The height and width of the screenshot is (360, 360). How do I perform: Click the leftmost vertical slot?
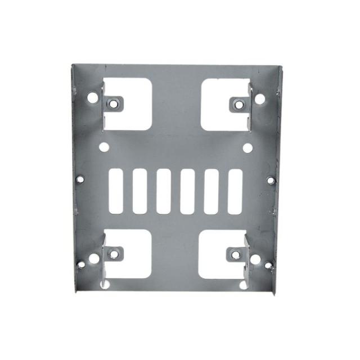point(116,191)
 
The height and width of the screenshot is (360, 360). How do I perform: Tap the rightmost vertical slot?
point(235,191)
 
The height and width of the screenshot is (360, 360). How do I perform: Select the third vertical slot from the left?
point(164,191)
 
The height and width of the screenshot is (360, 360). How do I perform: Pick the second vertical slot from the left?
point(139,191)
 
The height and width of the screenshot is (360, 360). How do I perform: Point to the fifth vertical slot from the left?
point(211,191)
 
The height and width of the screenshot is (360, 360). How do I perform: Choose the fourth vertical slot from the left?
point(187,191)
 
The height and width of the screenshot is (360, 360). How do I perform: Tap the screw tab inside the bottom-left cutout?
point(114,254)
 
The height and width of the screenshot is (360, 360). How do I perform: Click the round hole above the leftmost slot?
point(104,148)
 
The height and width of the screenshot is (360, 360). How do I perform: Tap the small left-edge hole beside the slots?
point(80,179)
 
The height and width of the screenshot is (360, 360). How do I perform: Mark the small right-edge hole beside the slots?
point(271,181)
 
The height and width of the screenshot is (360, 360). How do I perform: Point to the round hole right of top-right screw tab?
point(260,99)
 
